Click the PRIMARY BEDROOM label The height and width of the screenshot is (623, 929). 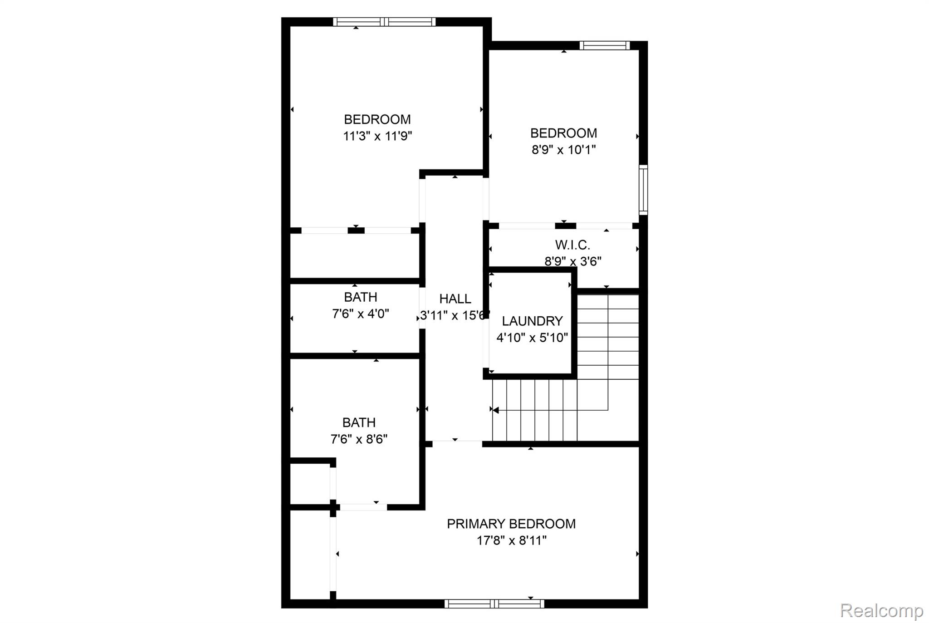(x=511, y=524)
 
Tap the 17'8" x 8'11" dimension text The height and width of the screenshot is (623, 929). (x=511, y=540)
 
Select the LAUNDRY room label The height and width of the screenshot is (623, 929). (x=532, y=321)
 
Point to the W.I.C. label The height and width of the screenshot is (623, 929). (x=572, y=245)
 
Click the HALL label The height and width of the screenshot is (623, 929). (x=455, y=299)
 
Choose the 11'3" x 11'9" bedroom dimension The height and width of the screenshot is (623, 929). (x=377, y=136)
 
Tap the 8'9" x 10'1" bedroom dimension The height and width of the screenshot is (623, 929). (x=563, y=149)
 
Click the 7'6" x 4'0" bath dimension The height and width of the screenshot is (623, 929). (x=361, y=314)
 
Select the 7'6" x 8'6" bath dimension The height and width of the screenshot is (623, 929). (x=359, y=439)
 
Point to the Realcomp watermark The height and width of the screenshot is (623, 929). (x=881, y=611)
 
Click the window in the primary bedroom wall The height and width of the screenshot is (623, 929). (x=494, y=603)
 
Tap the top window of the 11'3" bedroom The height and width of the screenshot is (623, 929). (x=384, y=22)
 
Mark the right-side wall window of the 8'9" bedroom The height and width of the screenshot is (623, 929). (x=643, y=190)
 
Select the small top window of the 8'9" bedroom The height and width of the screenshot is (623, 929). (x=605, y=45)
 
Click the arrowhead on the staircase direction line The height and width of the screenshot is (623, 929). (x=496, y=410)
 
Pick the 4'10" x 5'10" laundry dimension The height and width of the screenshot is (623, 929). (x=532, y=338)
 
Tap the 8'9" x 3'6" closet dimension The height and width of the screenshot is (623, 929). (x=573, y=261)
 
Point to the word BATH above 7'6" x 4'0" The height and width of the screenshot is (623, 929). (x=361, y=297)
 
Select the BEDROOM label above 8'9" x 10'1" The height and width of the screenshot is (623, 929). (x=563, y=133)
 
